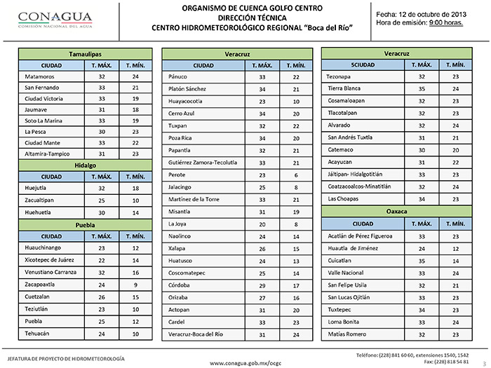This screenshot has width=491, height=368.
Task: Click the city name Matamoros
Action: click(x=39, y=76)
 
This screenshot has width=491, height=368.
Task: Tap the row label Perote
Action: click(x=178, y=175)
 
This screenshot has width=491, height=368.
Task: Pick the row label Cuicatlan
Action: click(x=342, y=260)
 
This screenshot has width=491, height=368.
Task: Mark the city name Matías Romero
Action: click(x=348, y=334)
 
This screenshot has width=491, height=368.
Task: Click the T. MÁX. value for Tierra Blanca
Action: click(x=422, y=88)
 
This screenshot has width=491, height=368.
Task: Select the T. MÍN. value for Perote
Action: click(x=297, y=175)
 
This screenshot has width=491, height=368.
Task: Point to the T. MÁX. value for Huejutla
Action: click(x=102, y=189)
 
